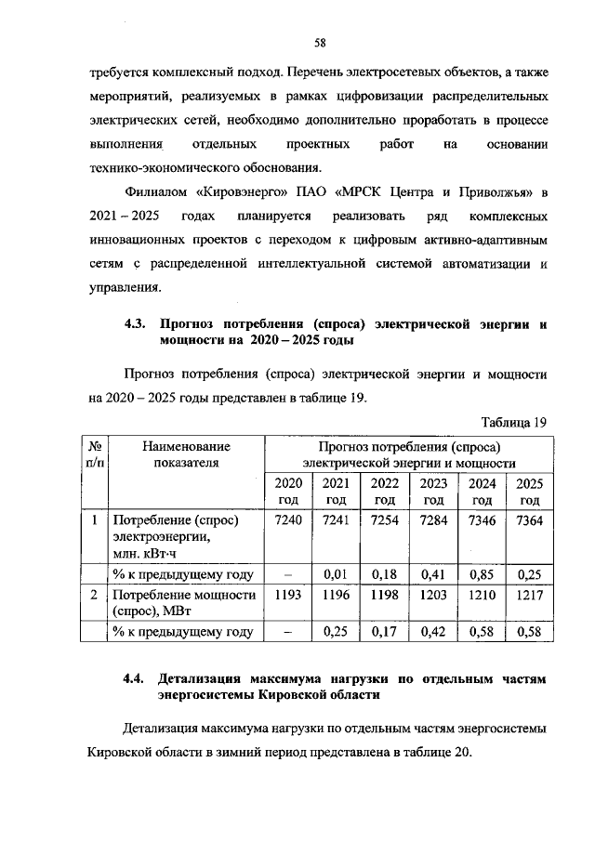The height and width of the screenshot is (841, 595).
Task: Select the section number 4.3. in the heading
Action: click(x=139, y=324)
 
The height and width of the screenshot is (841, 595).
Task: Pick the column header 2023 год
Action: click(x=433, y=491)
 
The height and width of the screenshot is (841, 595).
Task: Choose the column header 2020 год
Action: click(x=289, y=491)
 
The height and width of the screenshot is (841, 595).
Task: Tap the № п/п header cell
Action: click(x=94, y=454)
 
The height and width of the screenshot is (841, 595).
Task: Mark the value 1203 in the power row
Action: click(x=433, y=595)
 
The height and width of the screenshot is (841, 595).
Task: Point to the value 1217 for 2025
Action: click(x=530, y=595)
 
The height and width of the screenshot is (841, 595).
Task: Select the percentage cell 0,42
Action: click(x=433, y=633)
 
